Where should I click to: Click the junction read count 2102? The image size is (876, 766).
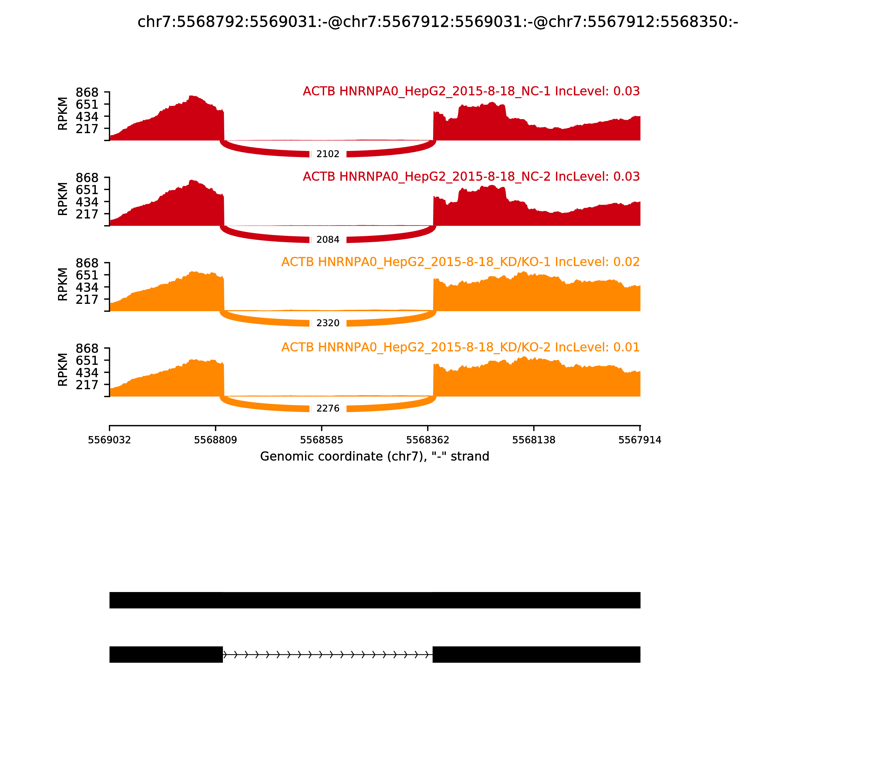[x=328, y=154]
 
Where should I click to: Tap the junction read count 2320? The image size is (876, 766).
[x=328, y=323]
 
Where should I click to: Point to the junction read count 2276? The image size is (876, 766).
[x=328, y=409]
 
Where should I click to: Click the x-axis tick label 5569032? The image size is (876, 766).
[x=109, y=440]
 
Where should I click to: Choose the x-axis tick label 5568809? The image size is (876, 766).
[x=216, y=440]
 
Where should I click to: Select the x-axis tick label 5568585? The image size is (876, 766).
[x=322, y=440]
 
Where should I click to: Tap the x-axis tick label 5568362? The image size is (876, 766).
[x=428, y=440]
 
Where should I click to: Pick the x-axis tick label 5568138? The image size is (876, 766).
[x=534, y=440]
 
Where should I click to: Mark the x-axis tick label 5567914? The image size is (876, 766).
[x=640, y=440]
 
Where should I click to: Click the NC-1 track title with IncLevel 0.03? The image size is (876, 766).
[x=471, y=91]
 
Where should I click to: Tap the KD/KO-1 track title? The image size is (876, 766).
[x=460, y=262]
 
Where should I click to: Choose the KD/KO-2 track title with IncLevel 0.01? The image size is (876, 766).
[x=460, y=347]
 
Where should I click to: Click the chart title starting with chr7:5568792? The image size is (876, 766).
[x=437, y=22]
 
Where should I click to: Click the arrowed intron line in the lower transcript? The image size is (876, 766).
[x=328, y=654]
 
